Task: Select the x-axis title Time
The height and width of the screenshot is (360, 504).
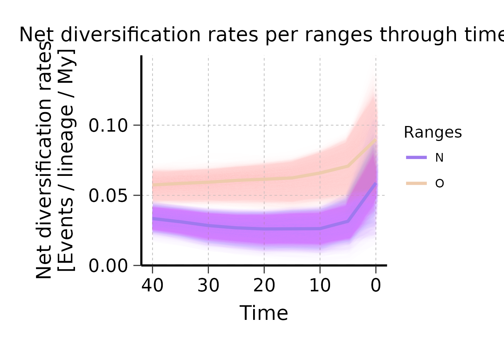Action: [x=264, y=313]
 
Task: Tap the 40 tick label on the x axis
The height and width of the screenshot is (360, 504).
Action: [x=152, y=286]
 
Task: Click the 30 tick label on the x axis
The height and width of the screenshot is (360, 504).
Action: [x=208, y=286]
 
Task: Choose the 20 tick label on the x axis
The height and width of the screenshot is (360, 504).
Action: [x=264, y=286]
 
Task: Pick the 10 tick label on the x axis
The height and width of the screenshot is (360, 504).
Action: [x=320, y=286]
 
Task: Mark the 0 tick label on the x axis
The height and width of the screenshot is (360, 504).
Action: [x=376, y=286]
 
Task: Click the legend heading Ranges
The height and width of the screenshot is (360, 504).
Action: [x=433, y=132]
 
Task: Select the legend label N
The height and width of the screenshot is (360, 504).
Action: [x=439, y=158]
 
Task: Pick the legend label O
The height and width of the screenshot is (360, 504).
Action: [x=439, y=183]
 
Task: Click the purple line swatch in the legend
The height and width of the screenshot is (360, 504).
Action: [x=416, y=157]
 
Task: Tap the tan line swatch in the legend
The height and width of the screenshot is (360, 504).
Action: [x=416, y=183]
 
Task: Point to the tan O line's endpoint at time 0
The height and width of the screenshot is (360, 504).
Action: [x=375, y=140]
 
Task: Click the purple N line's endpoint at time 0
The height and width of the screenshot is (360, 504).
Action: [x=375, y=183]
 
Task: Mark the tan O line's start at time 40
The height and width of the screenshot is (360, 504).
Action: [x=153, y=185]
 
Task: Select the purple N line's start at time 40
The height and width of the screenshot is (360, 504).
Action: [x=153, y=219]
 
